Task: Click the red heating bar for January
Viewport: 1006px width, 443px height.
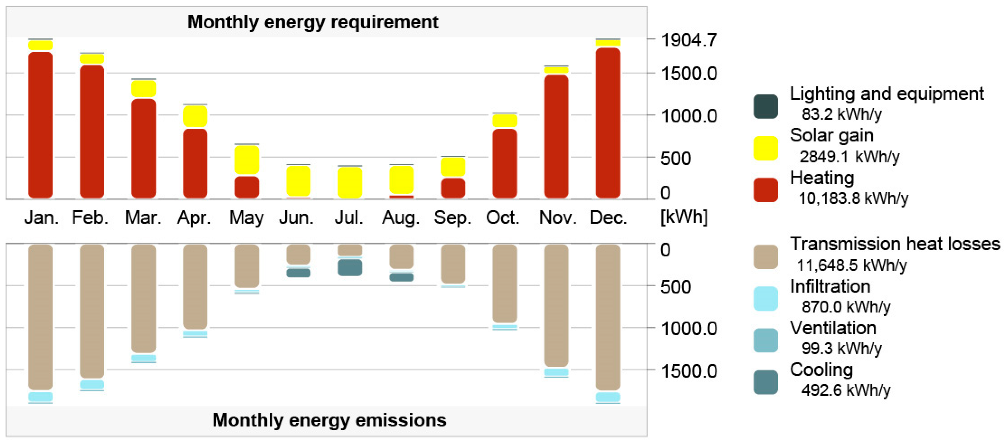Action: click(x=40, y=125)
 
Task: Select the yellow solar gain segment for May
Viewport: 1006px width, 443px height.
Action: click(x=246, y=159)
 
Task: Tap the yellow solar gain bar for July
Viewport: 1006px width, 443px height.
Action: click(x=349, y=182)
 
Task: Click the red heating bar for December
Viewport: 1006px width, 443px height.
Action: click(x=608, y=123)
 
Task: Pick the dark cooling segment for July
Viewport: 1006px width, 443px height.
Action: click(x=349, y=268)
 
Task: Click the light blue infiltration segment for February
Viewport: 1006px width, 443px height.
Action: click(x=92, y=385)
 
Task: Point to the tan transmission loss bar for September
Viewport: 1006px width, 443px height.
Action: click(x=453, y=264)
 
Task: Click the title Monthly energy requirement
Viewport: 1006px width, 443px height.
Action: click(x=313, y=22)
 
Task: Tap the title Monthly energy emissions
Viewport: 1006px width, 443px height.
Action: click(x=329, y=420)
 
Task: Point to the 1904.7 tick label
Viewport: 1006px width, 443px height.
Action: click(x=688, y=40)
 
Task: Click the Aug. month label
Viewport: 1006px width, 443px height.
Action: click(x=401, y=218)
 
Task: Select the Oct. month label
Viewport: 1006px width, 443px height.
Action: click(x=503, y=218)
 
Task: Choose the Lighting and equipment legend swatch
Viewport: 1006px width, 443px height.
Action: click(x=766, y=106)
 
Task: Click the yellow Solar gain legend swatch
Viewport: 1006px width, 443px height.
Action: click(x=766, y=148)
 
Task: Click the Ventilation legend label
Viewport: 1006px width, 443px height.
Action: click(x=833, y=328)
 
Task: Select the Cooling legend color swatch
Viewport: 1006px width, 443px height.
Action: click(x=766, y=382)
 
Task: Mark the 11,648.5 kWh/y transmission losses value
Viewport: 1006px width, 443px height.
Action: click(x=851, y=265)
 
